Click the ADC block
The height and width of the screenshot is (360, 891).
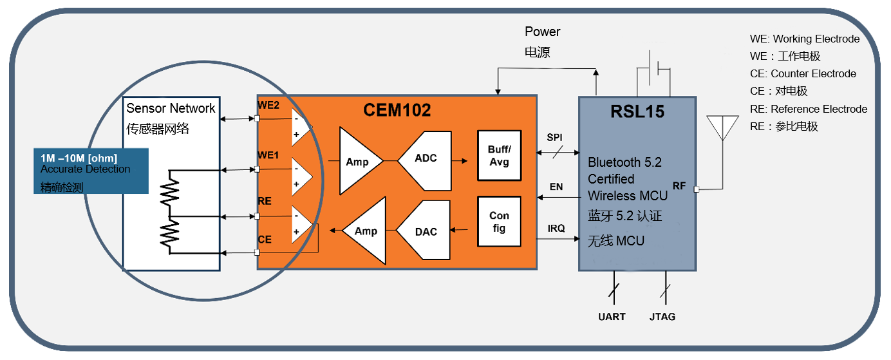(x=426, y=159)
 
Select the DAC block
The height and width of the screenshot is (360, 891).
(x=426, y=231)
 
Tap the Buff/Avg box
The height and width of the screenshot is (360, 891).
(x=499, y=156)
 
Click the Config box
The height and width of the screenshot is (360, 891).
(x=499, y=222)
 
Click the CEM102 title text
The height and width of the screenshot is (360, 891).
(x=397, y=111)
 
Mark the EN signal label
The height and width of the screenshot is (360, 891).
(x=556, y=187)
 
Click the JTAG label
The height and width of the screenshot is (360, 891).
(x=662, y=317)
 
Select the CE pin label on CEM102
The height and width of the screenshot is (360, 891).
(x=265, y=240)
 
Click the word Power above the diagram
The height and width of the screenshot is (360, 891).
(x=542, y=32)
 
